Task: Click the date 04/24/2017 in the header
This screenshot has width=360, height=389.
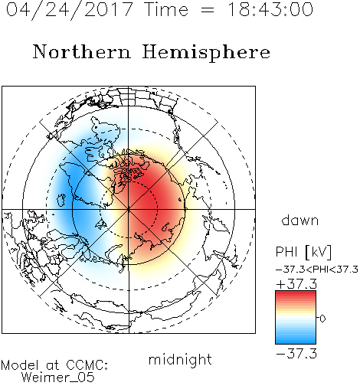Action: click(x=70, y=10)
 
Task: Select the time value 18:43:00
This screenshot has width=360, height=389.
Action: click(x=270, y=9)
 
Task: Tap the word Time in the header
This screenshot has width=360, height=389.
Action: click(x=166, y=9)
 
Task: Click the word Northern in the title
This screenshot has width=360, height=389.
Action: click(x=82, y=52)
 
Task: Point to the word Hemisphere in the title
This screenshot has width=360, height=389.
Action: click(x=206, y=52)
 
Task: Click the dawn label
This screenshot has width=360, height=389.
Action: click(x=300, y=221)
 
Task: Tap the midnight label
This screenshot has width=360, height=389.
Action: click(x=180, y=360)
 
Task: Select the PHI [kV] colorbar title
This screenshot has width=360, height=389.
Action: click(x=303, y=252)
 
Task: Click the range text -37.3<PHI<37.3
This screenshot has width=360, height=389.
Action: click(x=317, y=270)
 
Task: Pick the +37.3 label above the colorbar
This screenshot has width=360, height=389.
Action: click(x=296, y=284)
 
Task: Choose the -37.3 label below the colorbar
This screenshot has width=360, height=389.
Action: click(x=296, y=354)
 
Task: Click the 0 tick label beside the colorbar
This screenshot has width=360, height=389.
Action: click(x=322, y=319)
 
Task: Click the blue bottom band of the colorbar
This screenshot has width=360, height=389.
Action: click(x=296, y=340)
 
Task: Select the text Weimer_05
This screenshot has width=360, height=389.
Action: click(x=58, y=378)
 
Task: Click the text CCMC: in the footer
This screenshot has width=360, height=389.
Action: click(x=87, y=365)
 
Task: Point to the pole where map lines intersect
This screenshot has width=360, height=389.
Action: click(x=129, y=209)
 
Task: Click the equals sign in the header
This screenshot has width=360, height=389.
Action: click(x=208, y=11)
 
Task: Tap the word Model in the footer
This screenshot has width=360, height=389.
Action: click(x=20, y=365)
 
